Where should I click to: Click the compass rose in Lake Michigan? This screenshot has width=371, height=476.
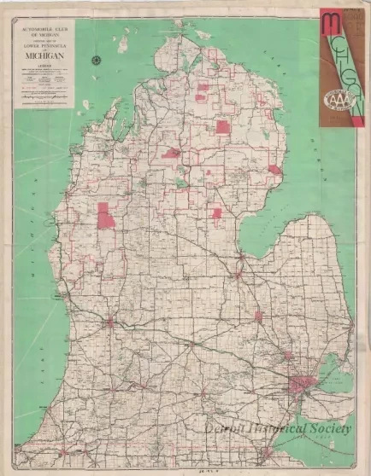(97, 59)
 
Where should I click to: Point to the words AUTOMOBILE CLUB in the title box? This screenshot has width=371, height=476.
(43, 30)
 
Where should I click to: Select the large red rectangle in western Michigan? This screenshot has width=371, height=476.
(106, 216)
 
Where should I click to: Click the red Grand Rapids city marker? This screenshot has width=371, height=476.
(110, 322)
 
